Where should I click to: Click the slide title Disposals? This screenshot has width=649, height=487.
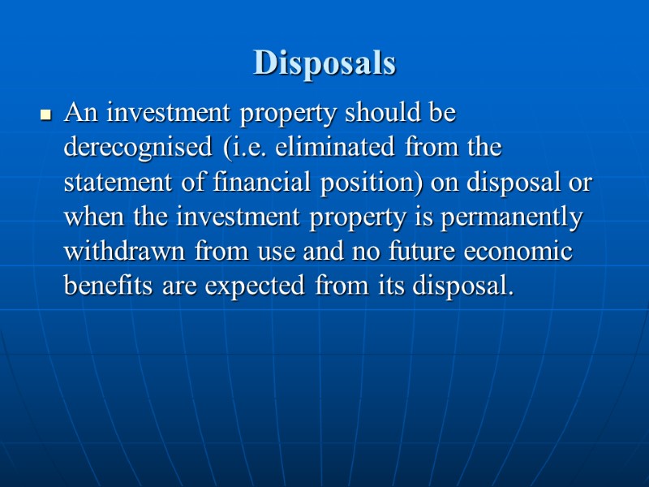[324, 62]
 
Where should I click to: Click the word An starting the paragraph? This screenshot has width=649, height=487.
[80, 114]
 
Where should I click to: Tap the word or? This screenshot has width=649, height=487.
[580, 183]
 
